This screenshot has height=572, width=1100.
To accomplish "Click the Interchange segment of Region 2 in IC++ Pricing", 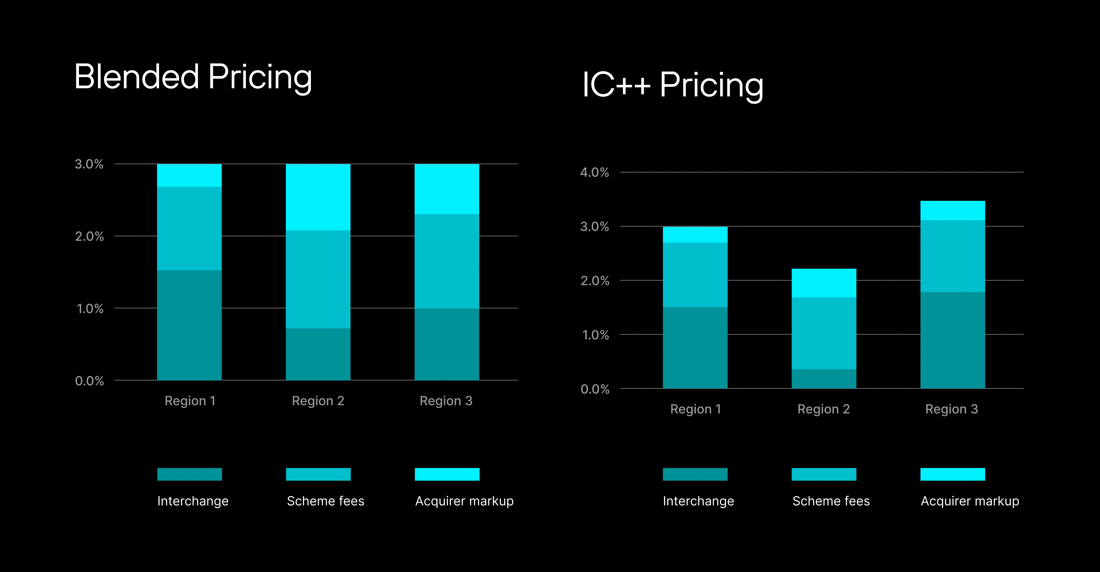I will click(x=824, y=379).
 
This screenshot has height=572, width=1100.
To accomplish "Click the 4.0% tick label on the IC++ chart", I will click(x=594, y=172).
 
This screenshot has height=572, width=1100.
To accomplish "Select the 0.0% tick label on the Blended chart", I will click(x=89, y=381).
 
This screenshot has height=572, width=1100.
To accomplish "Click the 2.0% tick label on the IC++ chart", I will click(x=594, y=281).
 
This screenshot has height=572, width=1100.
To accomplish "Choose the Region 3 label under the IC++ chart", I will click(x=951, y=409).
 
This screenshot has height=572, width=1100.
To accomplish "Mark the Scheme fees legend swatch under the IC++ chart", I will click(x=824, y=474).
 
